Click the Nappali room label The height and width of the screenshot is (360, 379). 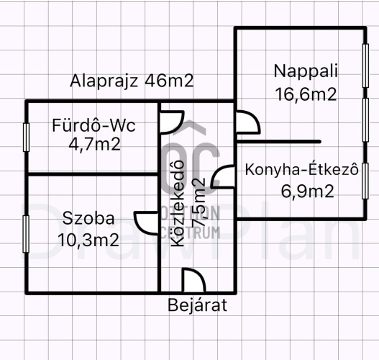pyautogui.click(x=306, y=71)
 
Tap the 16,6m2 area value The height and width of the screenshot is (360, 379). pyautogui.click(x=306, y=94)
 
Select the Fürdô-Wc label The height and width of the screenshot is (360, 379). pyautogui.click(x=93, y=125)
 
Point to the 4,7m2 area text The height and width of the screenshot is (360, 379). pyautogui.click(x=94, y=145)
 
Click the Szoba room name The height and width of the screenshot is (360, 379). pyautogui.click(x=88, y=218)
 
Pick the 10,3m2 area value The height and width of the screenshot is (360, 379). pyautogui.click(x=88, y=240)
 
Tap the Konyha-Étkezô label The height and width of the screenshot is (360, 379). pyautogui.click(x=302, y=169)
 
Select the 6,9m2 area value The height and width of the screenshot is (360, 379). pyautogui.click(x=308, y=191)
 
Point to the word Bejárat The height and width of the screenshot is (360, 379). pyautogui.click(x=198, y=305)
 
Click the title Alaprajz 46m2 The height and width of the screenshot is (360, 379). pyautogui.click(x=132, y=81)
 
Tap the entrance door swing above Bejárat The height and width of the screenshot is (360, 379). pyautogui.click(x=193, y=279)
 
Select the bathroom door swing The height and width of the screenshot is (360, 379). pyautogui.click(x=172, y=122)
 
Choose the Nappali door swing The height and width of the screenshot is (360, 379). pyautogui.click(x=248, y=122)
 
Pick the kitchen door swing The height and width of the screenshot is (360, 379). pyautogui.click(x=223, y=176)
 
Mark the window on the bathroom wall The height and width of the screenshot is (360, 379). pyautogui.click(x=26, y=138)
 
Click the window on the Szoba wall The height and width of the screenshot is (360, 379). pyautogui.click(x=26, y=234)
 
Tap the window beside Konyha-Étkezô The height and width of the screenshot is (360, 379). pyautogui.click(x=365, y=181)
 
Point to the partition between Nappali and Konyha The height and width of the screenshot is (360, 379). pyautogui.click(x=279, y=142)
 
